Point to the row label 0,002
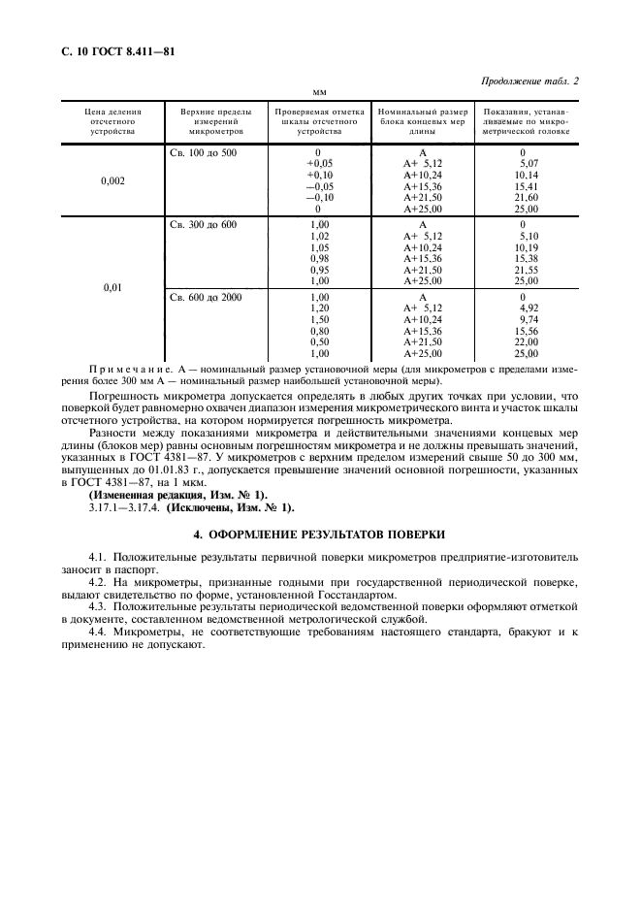click(112, 180)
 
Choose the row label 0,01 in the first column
click(112, 288)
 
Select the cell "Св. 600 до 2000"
click(207, 297)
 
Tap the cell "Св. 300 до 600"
click(204, 225)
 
